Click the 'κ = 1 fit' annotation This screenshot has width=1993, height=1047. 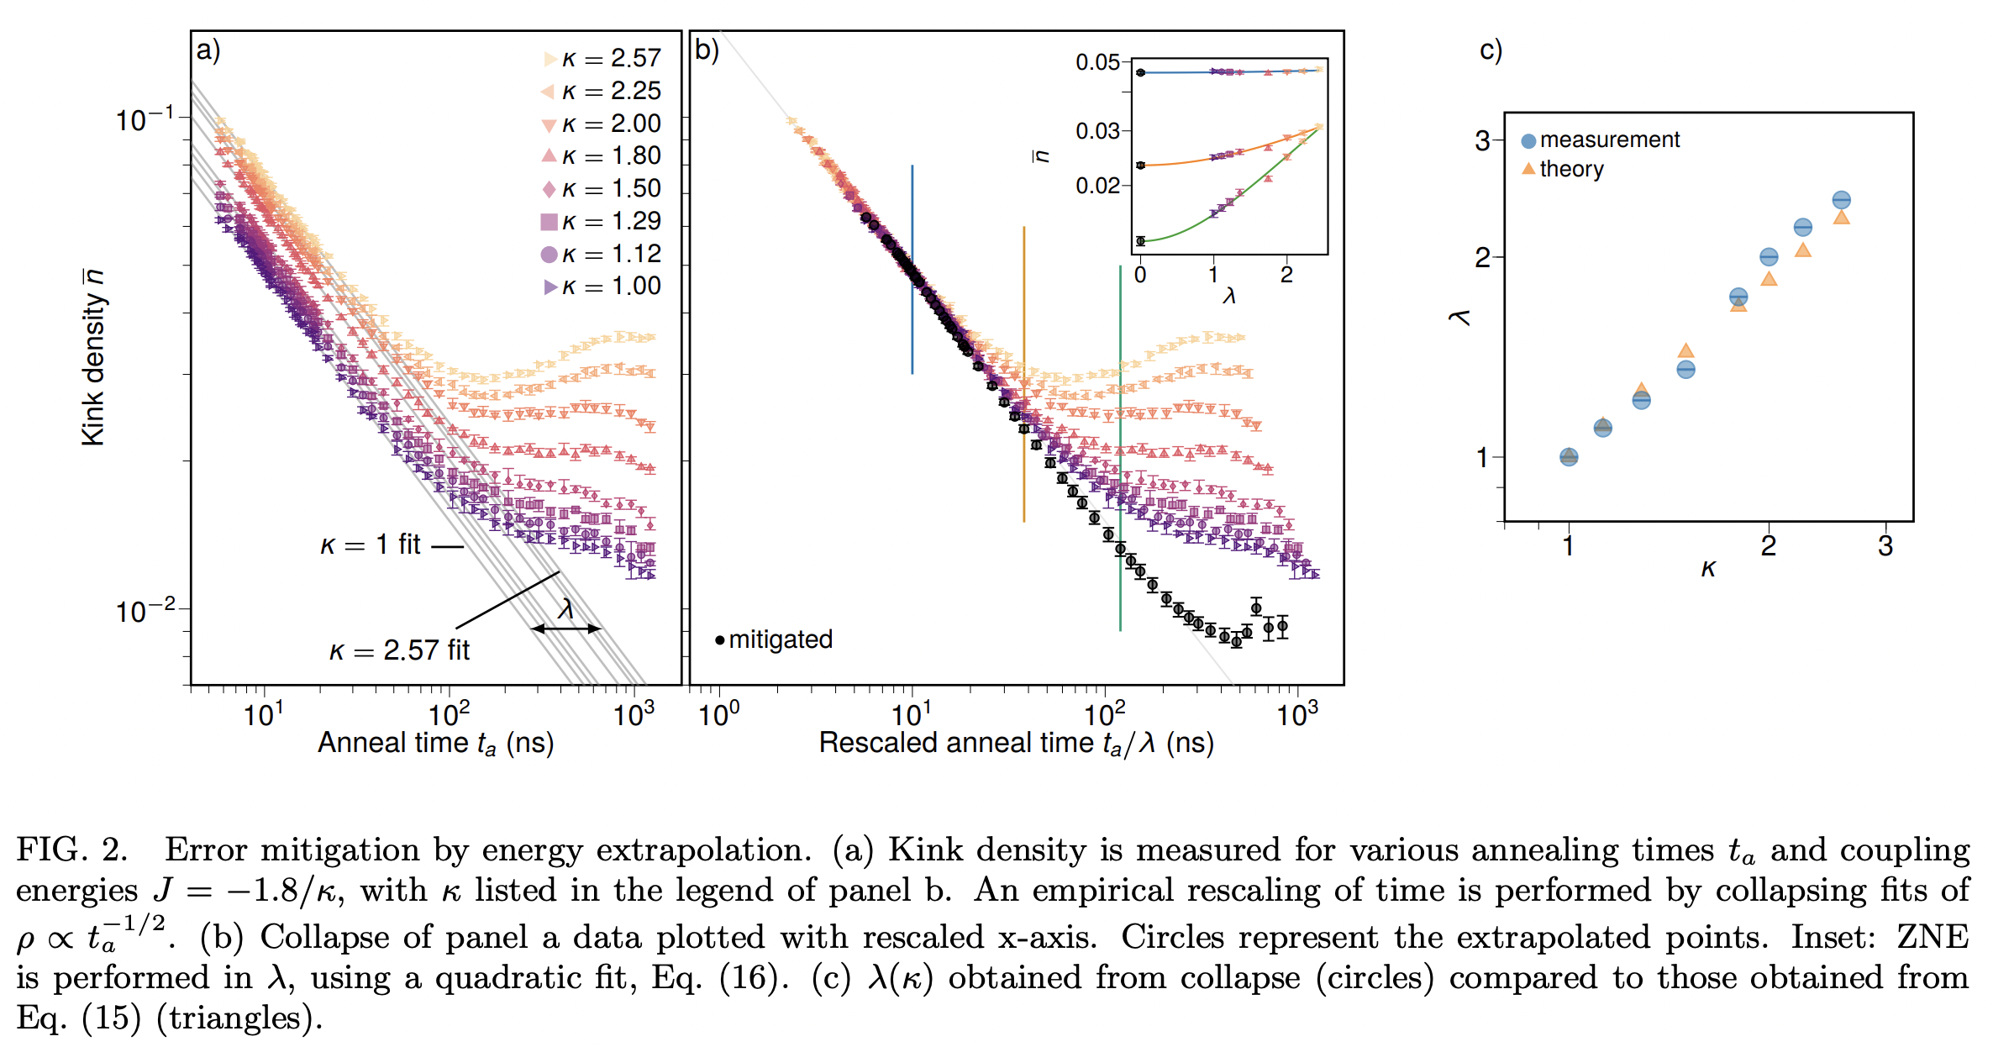point(371,545)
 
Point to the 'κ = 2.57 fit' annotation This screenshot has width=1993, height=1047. point(399,650)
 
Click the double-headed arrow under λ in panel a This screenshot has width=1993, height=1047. point(565,628)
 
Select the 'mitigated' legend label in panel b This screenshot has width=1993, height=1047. point(780,639)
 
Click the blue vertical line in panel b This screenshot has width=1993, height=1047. point(912,269)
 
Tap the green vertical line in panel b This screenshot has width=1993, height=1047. point(1120,445)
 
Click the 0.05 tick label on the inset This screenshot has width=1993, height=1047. point(1097,62)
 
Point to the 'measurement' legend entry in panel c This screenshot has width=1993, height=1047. point(1608,139)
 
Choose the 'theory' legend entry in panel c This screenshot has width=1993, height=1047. point(1570,169)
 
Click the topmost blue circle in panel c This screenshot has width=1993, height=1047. point(1841,200)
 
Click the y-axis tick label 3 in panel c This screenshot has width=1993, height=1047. point(1482,140)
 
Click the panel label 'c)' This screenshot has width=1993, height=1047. point(1491,50)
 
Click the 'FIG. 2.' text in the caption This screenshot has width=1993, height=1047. point(72,850)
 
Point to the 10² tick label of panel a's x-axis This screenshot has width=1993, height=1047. point(449,715)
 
